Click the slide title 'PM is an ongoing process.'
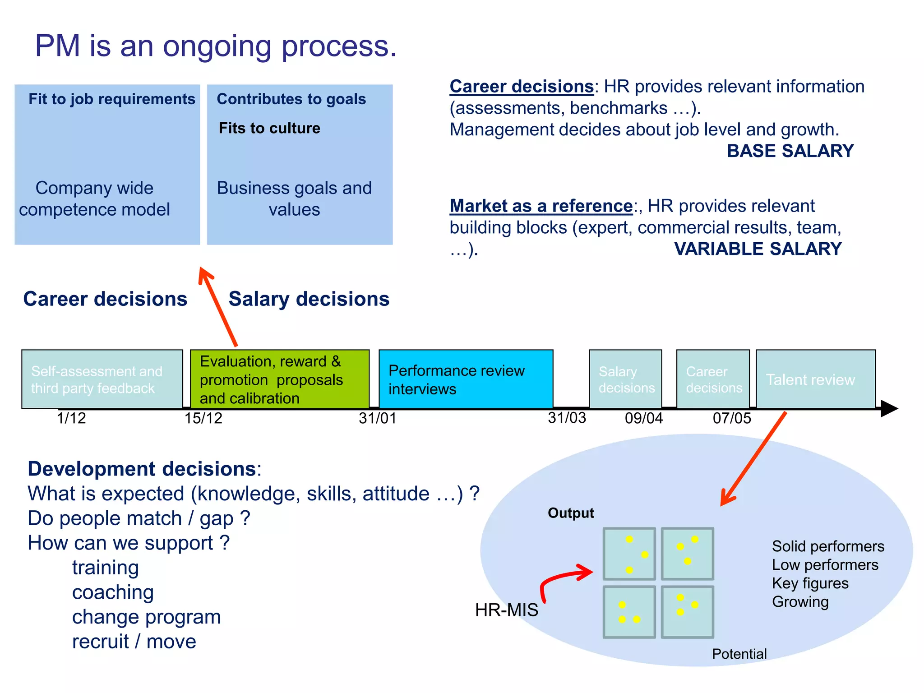(x=216, y=46)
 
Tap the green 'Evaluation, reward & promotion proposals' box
(x=279, y=379)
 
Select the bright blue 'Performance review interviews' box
(x=466, y=379)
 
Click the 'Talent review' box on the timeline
(x=815, y=379)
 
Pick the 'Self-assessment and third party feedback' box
(x=102, y=379)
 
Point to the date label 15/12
(x=203, y=418)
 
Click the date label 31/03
(x=567, y=418)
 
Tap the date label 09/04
(x=643, y=418)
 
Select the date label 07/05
(x=731, y=418)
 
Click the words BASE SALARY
(x=790, y=151)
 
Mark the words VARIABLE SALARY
(x=758, y=249)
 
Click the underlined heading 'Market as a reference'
(x=541, y=206)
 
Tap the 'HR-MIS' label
(x=506, y=610)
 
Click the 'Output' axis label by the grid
(x=570, y=513)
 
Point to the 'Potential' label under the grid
(x=739, y=654)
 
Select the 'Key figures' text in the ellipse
(x=810, y=583)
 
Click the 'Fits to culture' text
(x=269, y=128)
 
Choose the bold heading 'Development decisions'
(x=142, y=469)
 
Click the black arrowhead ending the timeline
(x=888, y=408)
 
